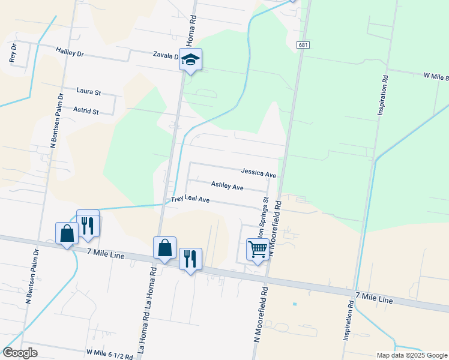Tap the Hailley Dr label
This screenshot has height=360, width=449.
69,53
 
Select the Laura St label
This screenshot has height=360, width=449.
89,91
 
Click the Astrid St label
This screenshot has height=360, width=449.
86,111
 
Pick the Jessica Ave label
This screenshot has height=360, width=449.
259,173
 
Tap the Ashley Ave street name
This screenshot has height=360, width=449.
227,187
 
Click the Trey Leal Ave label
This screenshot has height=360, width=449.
190,199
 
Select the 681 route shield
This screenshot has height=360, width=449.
303,45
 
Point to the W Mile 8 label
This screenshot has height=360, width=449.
435,76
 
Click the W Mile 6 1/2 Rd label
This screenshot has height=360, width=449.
110,354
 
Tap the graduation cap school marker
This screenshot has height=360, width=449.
191,59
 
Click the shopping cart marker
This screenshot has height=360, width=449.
258,249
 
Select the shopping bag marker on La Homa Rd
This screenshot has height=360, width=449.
164,248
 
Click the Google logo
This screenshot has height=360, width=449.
20,353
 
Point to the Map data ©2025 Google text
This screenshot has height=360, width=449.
411,355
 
